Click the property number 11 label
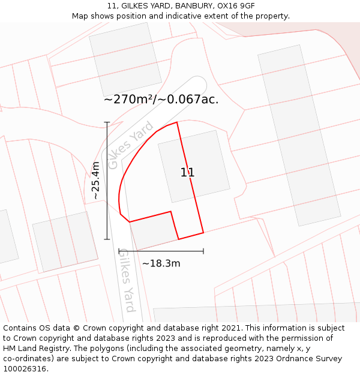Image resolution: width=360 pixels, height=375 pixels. click(187, 173)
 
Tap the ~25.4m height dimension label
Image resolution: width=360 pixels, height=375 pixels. click(95, 181)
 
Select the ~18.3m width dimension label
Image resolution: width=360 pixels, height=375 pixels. click(161, 263)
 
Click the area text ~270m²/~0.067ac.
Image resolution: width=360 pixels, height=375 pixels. click(161, 100)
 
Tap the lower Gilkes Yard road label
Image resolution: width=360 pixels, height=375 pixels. click(126, 280)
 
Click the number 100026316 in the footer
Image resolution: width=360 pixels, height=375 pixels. click(23, 368)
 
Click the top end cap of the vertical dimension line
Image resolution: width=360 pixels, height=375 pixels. click(107, 122)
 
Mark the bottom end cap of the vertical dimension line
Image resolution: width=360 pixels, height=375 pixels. click(107, 239)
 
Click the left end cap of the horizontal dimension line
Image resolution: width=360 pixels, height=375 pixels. click(119, 251)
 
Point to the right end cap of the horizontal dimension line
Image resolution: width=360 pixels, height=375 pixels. click(203, 251)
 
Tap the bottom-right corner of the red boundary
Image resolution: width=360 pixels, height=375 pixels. click(203, 232)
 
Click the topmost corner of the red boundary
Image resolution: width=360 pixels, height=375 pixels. click(177, 122)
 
